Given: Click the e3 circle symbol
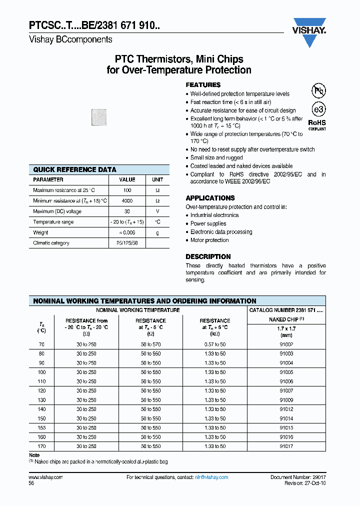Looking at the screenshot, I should tap(318, 109).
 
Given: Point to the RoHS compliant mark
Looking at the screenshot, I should tap(316, 124).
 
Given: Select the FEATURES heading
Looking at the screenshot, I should tap(203, 85).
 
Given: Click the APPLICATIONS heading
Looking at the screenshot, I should tap(210, 198).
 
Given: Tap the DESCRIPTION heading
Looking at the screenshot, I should tap(208, 256).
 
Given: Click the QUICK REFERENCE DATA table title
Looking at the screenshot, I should tap(74, 169).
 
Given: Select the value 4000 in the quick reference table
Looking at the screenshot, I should tap(127, 201).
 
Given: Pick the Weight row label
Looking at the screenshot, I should tap(40, 232).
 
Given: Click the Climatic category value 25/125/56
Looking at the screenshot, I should tap(127, 243).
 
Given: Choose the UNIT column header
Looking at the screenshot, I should tap(157, 179).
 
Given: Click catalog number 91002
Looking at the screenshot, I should tap(286, 344).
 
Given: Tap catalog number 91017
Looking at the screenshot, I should tap(286, 446).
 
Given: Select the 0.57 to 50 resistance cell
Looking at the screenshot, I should tap(215, 344).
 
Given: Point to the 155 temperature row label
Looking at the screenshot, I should tap(41, 427).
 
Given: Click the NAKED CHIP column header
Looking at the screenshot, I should tap(286, 319).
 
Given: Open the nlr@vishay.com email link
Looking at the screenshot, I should tap(211, 477).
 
